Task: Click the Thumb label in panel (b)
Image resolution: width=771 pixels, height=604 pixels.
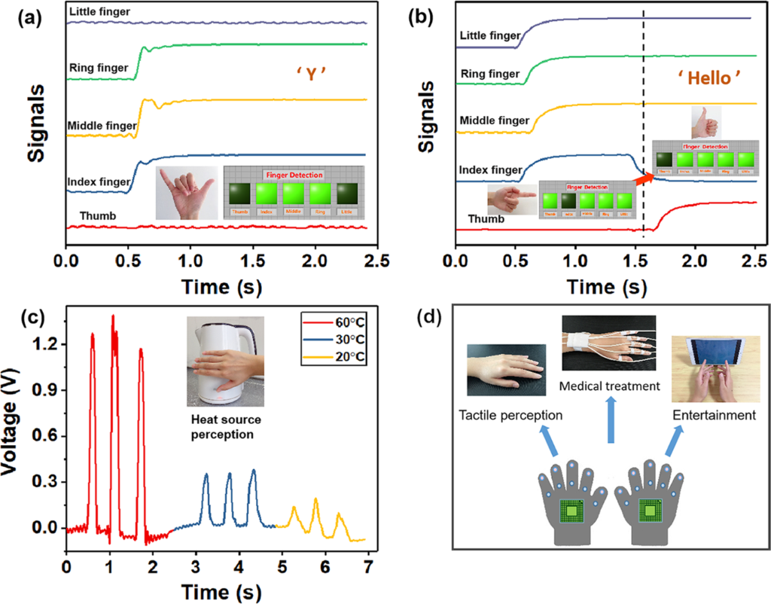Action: tap(486, 218)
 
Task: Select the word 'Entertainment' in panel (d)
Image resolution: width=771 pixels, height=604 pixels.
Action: tap(713, 415)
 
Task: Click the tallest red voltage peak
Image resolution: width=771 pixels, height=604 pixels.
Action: tap(113, 317)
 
